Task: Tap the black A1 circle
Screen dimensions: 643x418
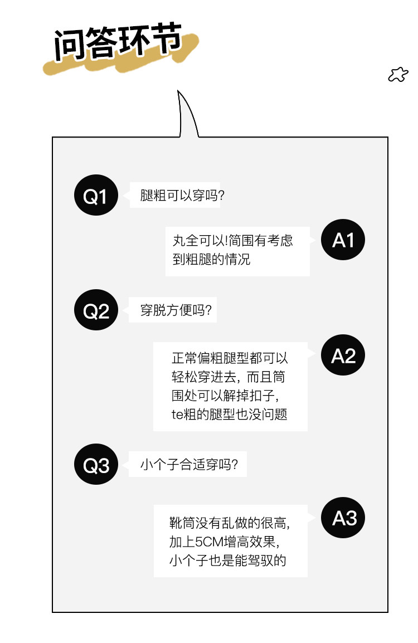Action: [x=343, y=240]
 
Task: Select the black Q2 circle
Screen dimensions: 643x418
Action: [x=96, y=310]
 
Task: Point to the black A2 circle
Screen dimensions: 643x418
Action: [x=343, y=355]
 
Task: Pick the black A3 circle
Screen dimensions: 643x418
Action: [x=343, y=518]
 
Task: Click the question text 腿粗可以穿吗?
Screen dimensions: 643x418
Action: [x=182, y=196]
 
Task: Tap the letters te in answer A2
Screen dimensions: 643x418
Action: [x=177, y=415]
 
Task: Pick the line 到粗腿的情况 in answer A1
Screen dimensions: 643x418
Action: [x=211, y=260]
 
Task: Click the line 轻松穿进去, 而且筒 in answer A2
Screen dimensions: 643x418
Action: [x=229, y=377]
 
